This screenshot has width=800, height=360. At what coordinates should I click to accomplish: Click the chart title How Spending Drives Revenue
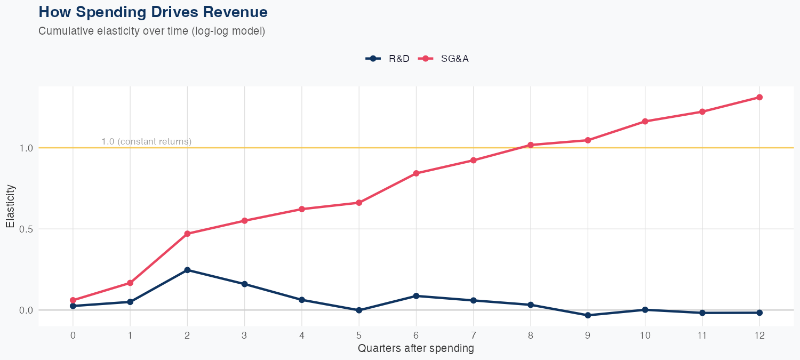(153, 12)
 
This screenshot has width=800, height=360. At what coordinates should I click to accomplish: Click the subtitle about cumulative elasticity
(151, 31)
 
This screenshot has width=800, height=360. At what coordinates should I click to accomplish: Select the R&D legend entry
(388, 59)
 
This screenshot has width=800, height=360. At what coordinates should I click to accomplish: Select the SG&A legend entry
(444, 59)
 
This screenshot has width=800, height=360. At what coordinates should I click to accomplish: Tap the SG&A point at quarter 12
(759, 97)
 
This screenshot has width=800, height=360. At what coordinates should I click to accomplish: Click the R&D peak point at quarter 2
(187, 270)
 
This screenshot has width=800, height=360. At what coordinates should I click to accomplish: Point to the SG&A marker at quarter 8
(531, 145)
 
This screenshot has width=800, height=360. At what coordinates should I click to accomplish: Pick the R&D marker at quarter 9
(588, 315)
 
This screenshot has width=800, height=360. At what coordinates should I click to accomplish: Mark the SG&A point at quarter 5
(359, 203)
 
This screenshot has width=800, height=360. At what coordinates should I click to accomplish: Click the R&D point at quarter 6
(416, 296)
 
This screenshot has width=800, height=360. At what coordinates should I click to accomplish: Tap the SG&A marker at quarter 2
(187, 234)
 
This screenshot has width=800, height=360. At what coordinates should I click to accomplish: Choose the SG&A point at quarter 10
(645, 122)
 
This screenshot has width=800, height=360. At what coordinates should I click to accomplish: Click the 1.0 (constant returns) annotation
(146, 141)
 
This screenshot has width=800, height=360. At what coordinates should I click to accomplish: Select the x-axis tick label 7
(473, 335)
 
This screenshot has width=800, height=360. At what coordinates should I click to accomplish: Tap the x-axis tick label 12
(759, 335)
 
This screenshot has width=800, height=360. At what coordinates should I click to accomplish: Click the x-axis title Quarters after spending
(415, 349)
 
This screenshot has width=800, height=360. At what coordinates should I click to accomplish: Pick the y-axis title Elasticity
(10, 206)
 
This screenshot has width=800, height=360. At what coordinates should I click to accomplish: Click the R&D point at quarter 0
(73, 306)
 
